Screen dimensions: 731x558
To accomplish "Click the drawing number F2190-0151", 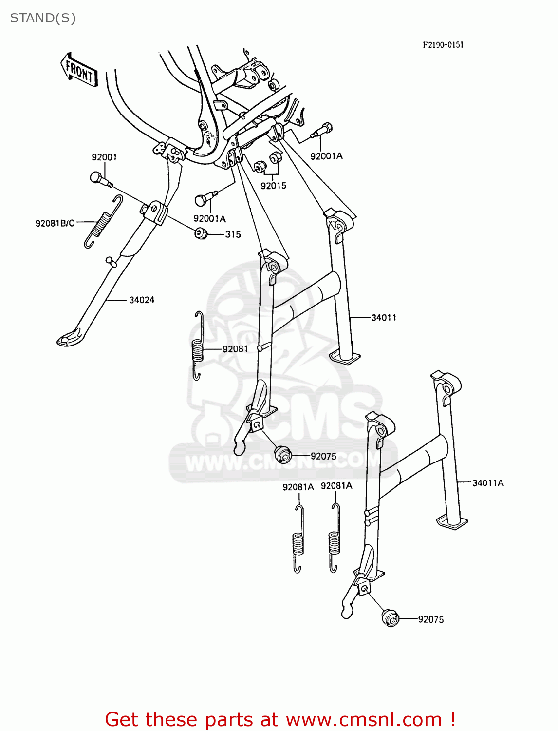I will click(x=443, y=45).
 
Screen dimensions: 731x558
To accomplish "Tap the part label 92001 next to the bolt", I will click(x=104, y=157).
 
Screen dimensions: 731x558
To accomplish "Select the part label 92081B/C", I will click(x=55, y=223).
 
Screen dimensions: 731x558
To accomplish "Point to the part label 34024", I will click(x=141, y=300).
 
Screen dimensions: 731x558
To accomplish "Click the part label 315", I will click(x=233, y=234).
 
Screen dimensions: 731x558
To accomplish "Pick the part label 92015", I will click(x=273, y=186).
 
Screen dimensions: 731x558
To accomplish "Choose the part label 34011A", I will click(x=488, y=483).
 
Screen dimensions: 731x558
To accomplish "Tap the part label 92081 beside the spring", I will click(x=235, y=349).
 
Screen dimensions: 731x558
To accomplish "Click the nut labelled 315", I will click(x=201, y=233).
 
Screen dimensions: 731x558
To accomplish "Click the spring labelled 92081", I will click(x=197, y=346).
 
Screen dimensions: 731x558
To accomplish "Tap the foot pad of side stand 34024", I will click(x=71, y=338).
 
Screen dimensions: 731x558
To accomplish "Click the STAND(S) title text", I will click(x=43, y=18).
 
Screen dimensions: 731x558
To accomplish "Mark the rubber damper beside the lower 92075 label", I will click(x=391, y=618).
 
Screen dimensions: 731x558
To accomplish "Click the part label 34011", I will click(x=384, y=318).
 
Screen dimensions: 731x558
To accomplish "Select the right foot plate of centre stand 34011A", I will click(x=452, y=522).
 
